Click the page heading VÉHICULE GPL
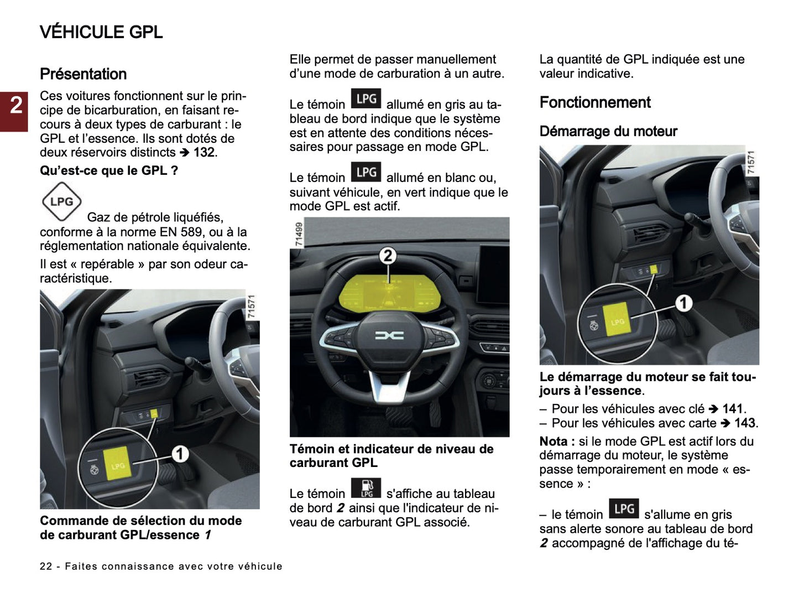[101, 32]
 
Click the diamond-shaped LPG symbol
[61, 201]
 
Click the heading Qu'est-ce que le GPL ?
[108, 171]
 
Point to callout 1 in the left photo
[180, 454]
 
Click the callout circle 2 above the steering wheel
[388, 256]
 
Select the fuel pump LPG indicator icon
[366, 487]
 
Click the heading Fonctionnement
[594, 102]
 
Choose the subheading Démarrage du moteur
[608, 132]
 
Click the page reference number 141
[733, 409]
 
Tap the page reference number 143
[745, 423]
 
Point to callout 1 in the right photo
[683, 303]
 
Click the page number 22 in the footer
[46, 567]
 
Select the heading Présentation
[83, 74]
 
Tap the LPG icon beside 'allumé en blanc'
[366, 172]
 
